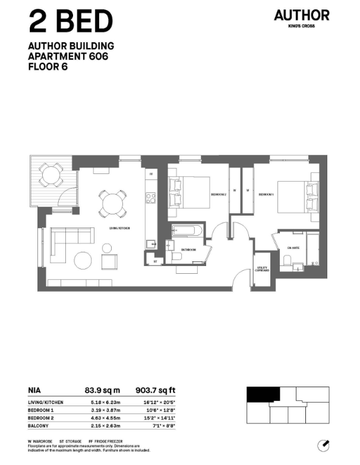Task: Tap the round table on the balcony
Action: pyautogui.click(x=53, y=175)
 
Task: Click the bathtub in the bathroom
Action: pyautogui.click(x=187, y=233)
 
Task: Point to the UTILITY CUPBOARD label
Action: pyautogui.click(x=262, y=268)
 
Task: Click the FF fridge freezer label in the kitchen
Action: pyautogui.click(x=151, y=175)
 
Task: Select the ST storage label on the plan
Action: pyautogui.click(x=155, y=260)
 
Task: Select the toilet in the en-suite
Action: pyautogui.click(x=287, y=260)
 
